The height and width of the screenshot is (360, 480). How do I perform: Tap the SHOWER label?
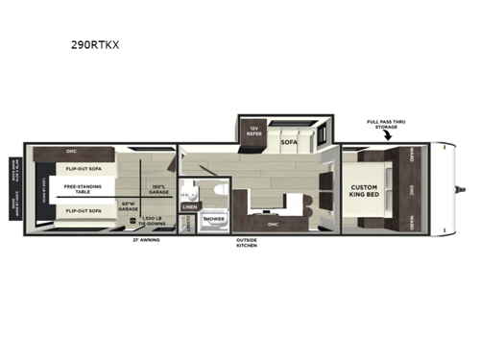212,218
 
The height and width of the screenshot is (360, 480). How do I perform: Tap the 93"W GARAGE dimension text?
129,205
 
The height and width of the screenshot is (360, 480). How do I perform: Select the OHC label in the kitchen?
273,225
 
